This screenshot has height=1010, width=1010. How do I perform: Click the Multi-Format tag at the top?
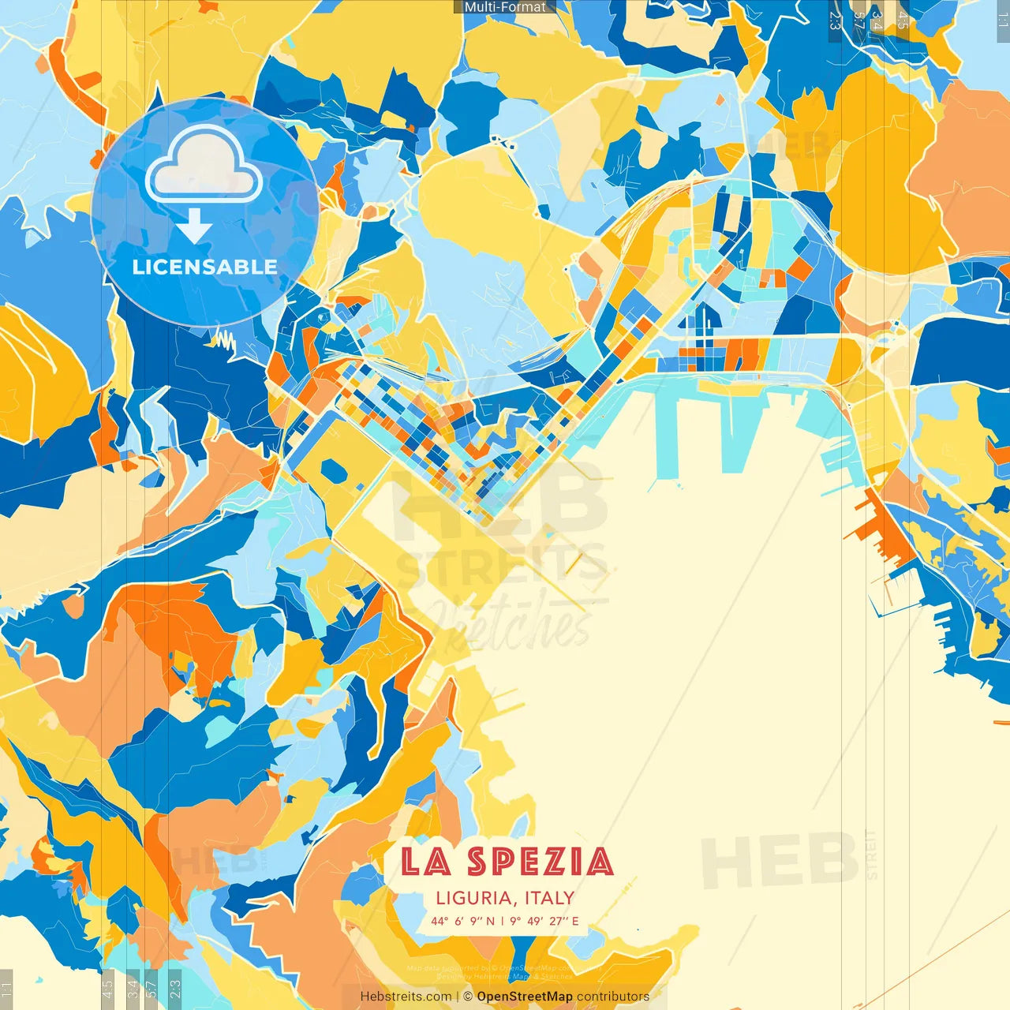click(505, 7)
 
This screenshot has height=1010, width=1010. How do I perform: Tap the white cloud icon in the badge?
click(204, 165)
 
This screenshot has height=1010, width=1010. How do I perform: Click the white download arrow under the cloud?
click(193, 226)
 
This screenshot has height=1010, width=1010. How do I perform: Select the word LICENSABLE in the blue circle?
click(204, 267)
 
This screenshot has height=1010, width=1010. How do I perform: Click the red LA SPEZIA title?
click(506, 862)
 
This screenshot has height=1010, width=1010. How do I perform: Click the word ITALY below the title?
click(548, 898)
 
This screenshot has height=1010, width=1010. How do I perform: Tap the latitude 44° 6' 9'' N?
click(462, 921)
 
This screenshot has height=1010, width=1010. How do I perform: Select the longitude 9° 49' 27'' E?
click(544, 921)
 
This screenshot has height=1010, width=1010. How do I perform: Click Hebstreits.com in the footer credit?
click(406, 997)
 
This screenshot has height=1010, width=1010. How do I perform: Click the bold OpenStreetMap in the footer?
click(524, 997)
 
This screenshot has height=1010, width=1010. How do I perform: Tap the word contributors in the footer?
click(613, 997)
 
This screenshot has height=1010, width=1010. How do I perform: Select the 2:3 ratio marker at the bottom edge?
click(175, 988)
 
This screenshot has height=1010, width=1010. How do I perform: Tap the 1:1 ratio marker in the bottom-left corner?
click(7, 988)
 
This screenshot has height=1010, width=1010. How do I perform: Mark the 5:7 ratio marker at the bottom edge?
click(151, 988)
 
